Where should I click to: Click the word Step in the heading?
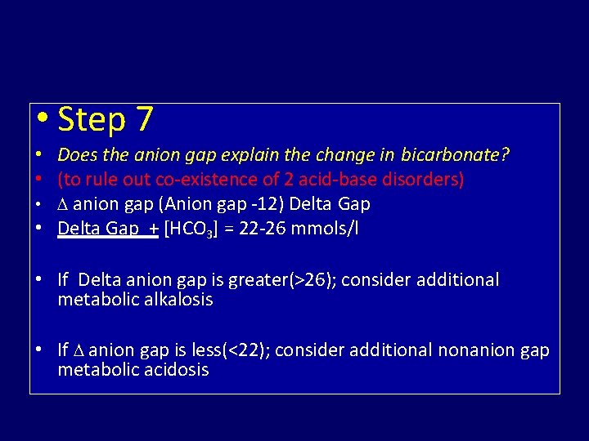pos(91,120)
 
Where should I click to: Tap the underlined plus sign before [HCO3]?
pos(153,229)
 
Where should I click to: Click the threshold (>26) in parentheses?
pos(312,280)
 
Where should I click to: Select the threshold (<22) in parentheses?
pos(250,350)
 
